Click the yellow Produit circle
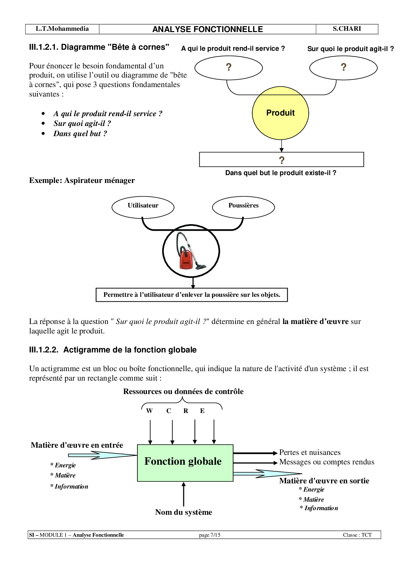tap(280, 113)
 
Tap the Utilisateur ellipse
tap(143, 207)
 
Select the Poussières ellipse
tap(243, 207)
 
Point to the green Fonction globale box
tap(185, 463)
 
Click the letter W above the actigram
tap(149, 411)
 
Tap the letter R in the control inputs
tap(186, 411)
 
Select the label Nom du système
tap(183, 512)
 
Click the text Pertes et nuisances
tap(310, 453)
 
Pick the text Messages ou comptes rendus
tap(326, 462)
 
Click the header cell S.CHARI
tap(347, 29)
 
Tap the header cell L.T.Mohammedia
tap(62, 29)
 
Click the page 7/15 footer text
tap(210, 535)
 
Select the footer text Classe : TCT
tap(357, 535)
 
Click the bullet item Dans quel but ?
tap(80, 134)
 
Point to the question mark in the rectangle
tap(282, 160)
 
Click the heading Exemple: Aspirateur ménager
tap(82, 180)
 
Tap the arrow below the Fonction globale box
tap(183, 494)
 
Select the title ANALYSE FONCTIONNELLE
tap(208, 29)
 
